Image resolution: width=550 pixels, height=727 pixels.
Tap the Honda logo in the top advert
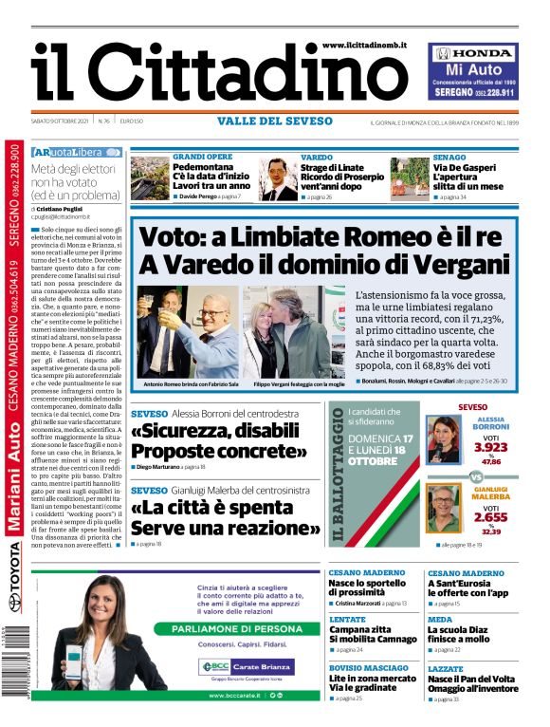coord(473,54)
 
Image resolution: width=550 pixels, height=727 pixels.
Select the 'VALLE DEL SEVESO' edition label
coord(274,121)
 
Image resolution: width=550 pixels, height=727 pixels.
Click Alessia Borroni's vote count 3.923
coord(490,447)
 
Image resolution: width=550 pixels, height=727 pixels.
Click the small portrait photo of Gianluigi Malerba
coord(442,509)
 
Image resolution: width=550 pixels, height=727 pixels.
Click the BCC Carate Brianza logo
coord(246,667)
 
